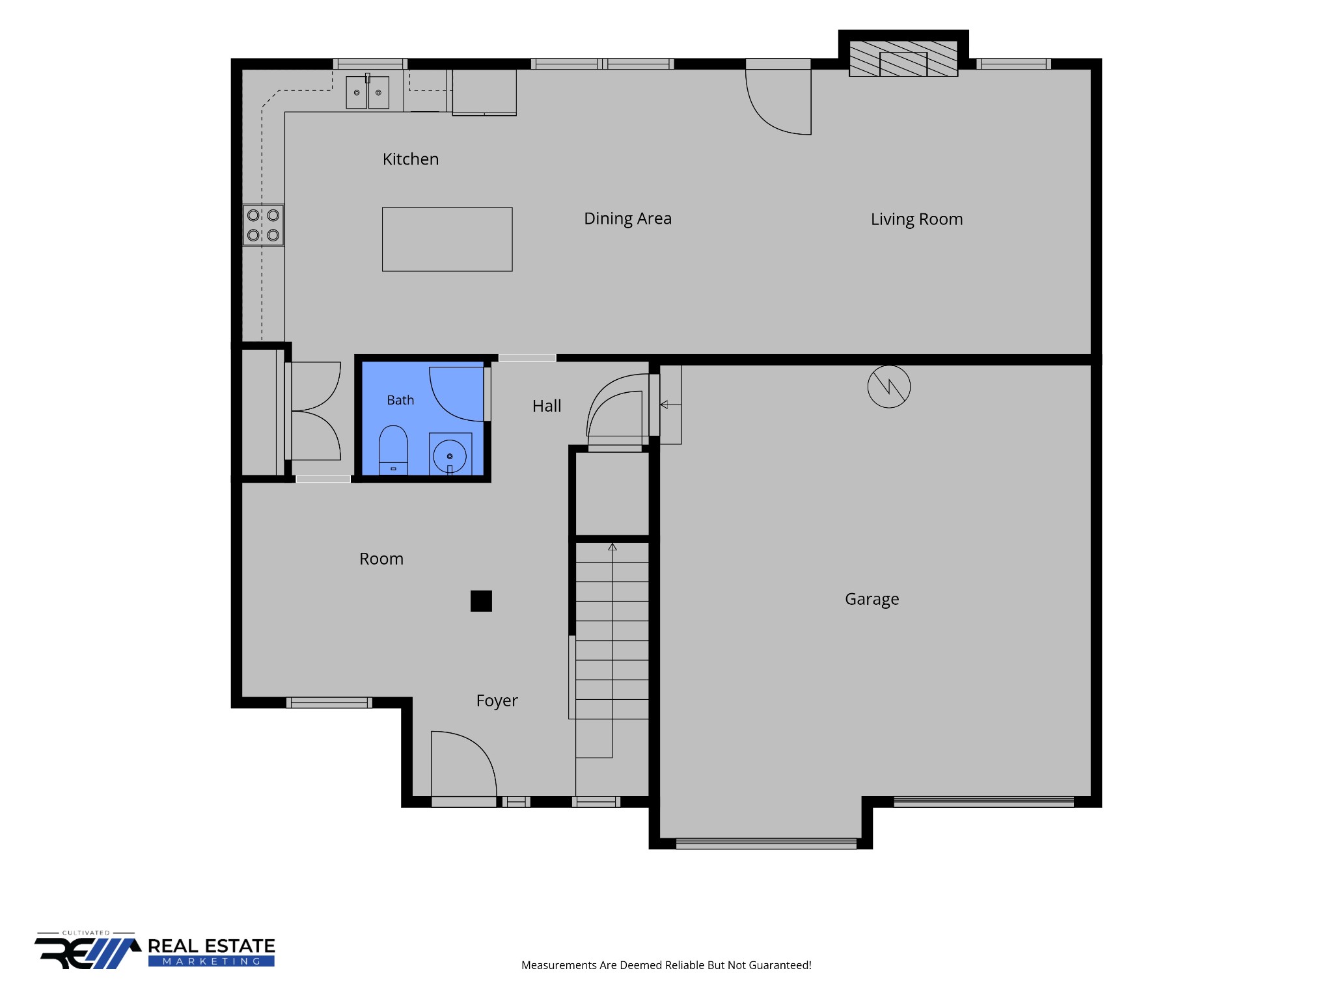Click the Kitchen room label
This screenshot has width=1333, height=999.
pos(411,159)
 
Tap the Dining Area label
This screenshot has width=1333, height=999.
pos(627,219)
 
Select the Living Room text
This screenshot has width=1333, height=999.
pos(916,220)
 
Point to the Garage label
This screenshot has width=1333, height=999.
pos(872,600)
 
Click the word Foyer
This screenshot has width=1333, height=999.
pos(497,701)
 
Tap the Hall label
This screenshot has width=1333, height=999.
pos(547,406)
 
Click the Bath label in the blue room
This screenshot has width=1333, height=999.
pos(400,401)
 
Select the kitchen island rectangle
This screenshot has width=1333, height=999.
pos(447,239)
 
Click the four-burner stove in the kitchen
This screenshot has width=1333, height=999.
pos(264,225)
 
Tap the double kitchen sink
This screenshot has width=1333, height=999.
pos(367,92)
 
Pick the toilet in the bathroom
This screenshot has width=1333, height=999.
pos(393,450)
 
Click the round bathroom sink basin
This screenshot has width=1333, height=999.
pos(450,456)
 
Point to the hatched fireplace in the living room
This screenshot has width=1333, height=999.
pos(903,59)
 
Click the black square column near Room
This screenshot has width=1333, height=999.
pos(481,601)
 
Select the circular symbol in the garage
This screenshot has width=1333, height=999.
pos(889,387)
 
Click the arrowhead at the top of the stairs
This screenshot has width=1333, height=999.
pos(612,547)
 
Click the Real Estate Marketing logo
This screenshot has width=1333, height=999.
pos(155,950)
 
